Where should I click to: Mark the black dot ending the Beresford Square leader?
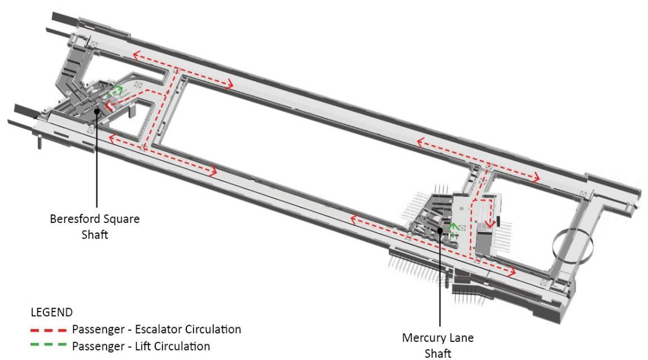click(x=97, y=111)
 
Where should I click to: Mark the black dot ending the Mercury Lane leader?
click(x=440, y=230)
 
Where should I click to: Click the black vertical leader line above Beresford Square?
click(x=97, y=164)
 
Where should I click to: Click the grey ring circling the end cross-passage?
click(x=573, y=245)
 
